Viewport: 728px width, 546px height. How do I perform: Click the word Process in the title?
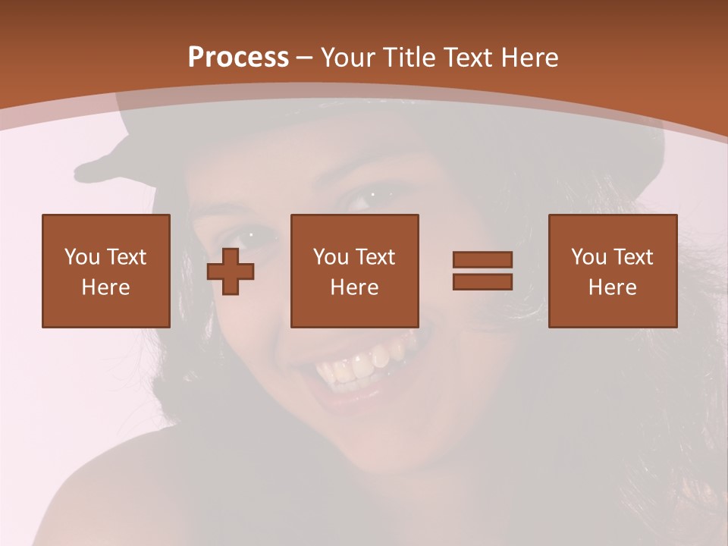pyautogui.click(x=238, y=58)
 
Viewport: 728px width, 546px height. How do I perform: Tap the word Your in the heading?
pyautogui.click(x=348, y=58)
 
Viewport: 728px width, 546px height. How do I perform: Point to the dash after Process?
pyautogui.click(x=305, y=58)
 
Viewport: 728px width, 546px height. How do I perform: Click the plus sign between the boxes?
pyautogui.click(x=231, y=271)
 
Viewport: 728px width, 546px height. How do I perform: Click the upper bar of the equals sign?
pyautogui.click(x=482, y=260)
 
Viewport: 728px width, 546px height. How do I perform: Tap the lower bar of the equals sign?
pyautogui.click(x=482, y=281)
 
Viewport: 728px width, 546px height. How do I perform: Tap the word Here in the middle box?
pyautogui.click(x=355, y=287)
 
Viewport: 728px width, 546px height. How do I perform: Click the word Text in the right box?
pyautogui.click(x=633, y=257)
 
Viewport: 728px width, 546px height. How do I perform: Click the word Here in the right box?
pyautogui.click(x=613, y=287)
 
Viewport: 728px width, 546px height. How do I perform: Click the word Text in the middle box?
pyautogui.click(x=375, y=257)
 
